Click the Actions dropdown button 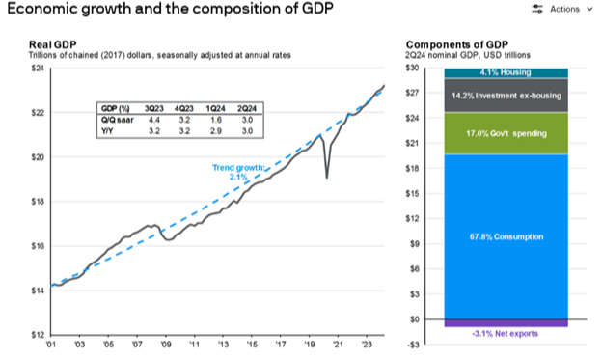point(562,9)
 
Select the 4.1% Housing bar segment point(506,73)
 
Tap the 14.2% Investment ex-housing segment point(506,96)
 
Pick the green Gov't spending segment point(506,133)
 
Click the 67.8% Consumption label point(506,236)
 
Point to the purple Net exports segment point(506,323)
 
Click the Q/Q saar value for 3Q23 point(154,120)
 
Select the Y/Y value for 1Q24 point(216,131)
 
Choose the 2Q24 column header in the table point(246,109)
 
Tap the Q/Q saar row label point(118,120)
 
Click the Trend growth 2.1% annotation point(238,172)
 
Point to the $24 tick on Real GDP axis point(38,69)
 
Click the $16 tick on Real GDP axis point(38,246)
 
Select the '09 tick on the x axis point(166,345)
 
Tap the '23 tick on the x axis point(368,345)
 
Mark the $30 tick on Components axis point(412,68)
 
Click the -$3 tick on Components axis point(413,345)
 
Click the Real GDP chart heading point(53,44)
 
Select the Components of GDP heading point(457,44)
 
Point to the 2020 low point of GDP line point(327,178)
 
